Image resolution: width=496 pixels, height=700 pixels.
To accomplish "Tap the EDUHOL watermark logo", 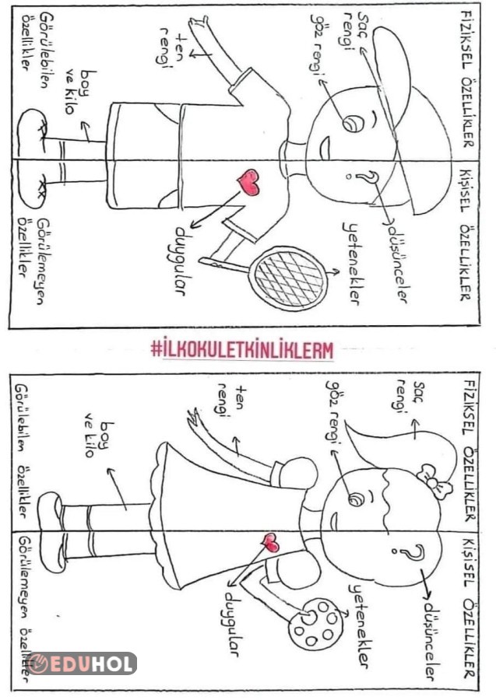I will (82, 663).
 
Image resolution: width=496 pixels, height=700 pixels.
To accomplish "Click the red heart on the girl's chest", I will (271, 543).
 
